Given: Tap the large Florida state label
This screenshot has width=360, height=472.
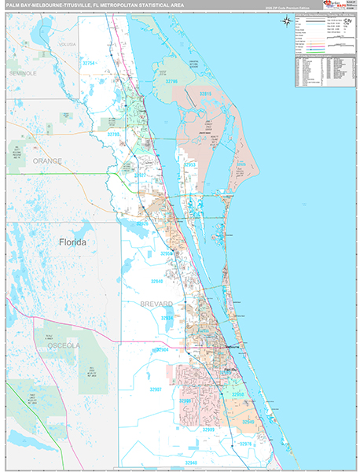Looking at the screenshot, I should point(72,242).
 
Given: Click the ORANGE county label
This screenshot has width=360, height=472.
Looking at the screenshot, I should point(47,160).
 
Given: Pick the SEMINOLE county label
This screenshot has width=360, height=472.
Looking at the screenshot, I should point(23,72).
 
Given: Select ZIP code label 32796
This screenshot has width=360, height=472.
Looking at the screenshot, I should point(170,81).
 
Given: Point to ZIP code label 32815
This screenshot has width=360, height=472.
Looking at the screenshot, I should point(205,94).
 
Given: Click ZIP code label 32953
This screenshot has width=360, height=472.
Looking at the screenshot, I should point(191,165).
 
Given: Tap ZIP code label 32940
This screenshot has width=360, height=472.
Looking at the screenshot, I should point(156,281).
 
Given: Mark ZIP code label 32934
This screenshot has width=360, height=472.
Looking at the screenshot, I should point(167,318).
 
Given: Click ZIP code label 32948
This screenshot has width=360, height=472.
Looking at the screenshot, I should point(192,463).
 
